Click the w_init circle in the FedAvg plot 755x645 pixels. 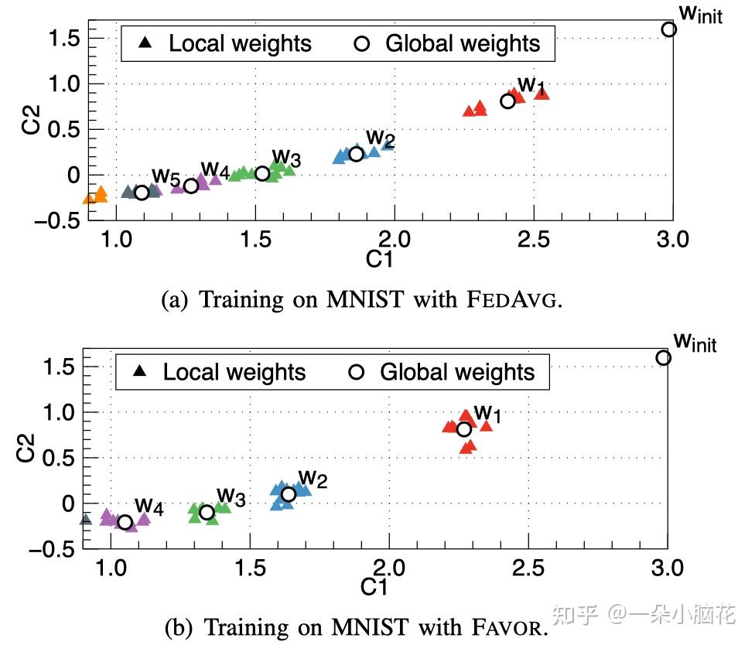[669, 29]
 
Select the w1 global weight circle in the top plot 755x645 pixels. [507, 101]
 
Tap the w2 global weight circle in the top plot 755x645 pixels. [356, 154]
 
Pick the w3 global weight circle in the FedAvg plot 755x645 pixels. [262, 173]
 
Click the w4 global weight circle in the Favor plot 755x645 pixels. [125, 522]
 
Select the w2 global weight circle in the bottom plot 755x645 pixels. [289, 494]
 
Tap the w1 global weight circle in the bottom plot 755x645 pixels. [464, 429]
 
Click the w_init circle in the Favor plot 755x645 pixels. [664, 357]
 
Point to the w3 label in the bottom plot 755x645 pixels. [231, 495]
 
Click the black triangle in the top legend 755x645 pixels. [145, 43]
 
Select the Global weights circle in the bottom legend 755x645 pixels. [356, 372]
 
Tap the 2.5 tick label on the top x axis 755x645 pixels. [534, 240]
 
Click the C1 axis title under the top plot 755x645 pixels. [379, 260]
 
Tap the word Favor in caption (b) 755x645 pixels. [513, 624]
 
